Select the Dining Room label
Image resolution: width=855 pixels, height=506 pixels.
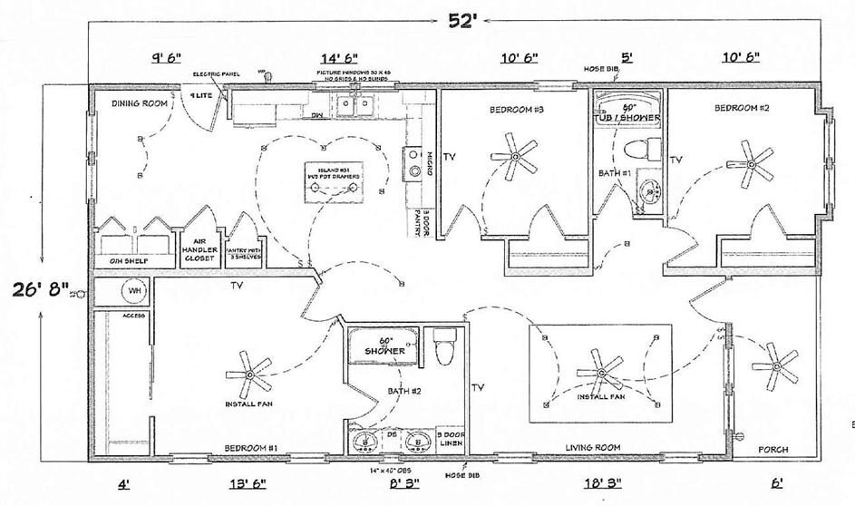click(x=141, y=104)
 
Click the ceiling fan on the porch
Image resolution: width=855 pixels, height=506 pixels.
click(x=776, y=365)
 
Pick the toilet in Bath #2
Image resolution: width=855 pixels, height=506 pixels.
click(x=444, y=347)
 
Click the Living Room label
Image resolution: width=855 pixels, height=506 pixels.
click(x=592, y=448)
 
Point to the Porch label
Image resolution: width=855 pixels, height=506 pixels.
click(x=772, y=449)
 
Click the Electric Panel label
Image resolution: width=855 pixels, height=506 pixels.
click(x=215, y=73)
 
